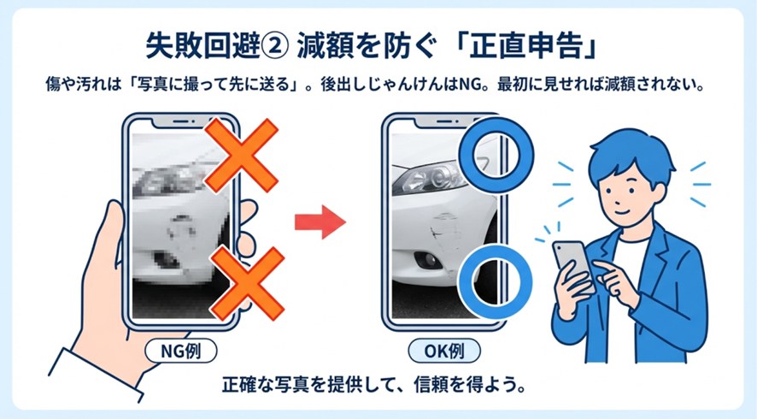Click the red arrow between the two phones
[x=320, y=221]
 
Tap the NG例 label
[x=181, y=351]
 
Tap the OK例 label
[x=444, y=351]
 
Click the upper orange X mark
[x=242, y=156]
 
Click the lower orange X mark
[x=248, y=284]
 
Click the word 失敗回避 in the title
[x=202, y=47]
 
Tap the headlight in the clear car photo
[x=429, y=178]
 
